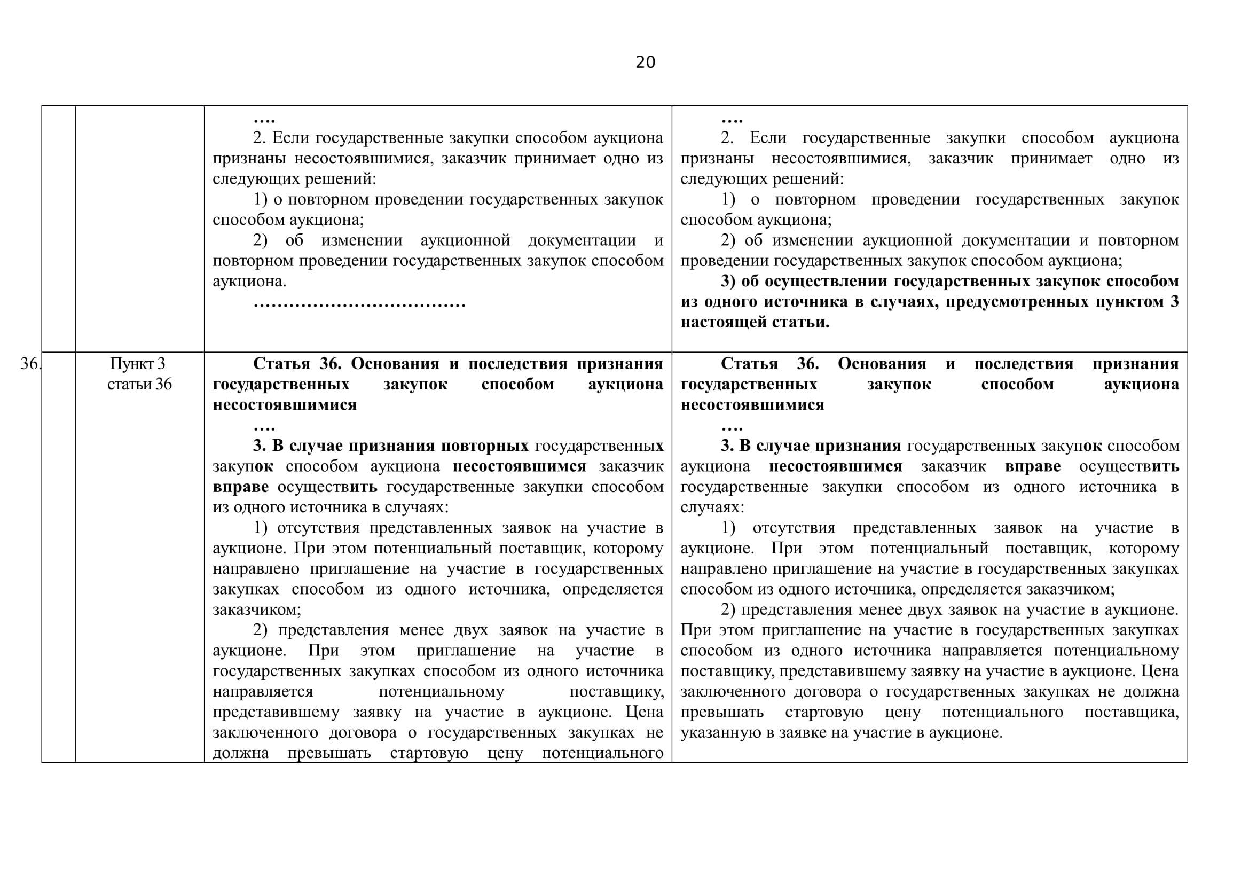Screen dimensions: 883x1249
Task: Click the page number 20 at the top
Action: coord(645,62)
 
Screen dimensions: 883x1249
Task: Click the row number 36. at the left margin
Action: coord(30,363)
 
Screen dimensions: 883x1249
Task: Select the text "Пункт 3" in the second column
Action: coord(138,363)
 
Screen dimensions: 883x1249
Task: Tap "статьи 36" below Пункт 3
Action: coord(139,384)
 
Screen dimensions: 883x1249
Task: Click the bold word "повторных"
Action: coord(484,446)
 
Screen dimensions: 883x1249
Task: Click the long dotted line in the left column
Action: coord(359,302)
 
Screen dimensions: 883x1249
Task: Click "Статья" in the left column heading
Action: coord(281,363)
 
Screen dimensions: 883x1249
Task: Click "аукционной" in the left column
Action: coord(465,240)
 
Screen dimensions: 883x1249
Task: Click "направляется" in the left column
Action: coord(263,691)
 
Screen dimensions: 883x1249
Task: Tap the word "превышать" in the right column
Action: coord(722,712)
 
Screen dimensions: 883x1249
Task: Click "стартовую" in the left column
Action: coord(429,753)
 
